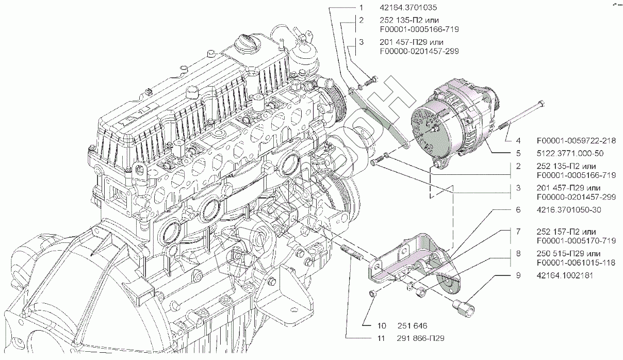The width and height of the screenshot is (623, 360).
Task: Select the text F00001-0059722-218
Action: click(577, 140)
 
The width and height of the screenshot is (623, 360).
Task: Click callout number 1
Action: click(362, 8)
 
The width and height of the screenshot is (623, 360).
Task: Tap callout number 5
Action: click(518, 153)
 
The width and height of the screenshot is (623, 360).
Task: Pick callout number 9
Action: click(518, 275)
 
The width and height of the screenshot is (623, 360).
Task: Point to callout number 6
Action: click(518, 210)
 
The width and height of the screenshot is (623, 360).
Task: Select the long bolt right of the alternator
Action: click(521, 118)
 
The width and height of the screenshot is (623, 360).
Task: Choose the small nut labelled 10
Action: click(372, 293)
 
